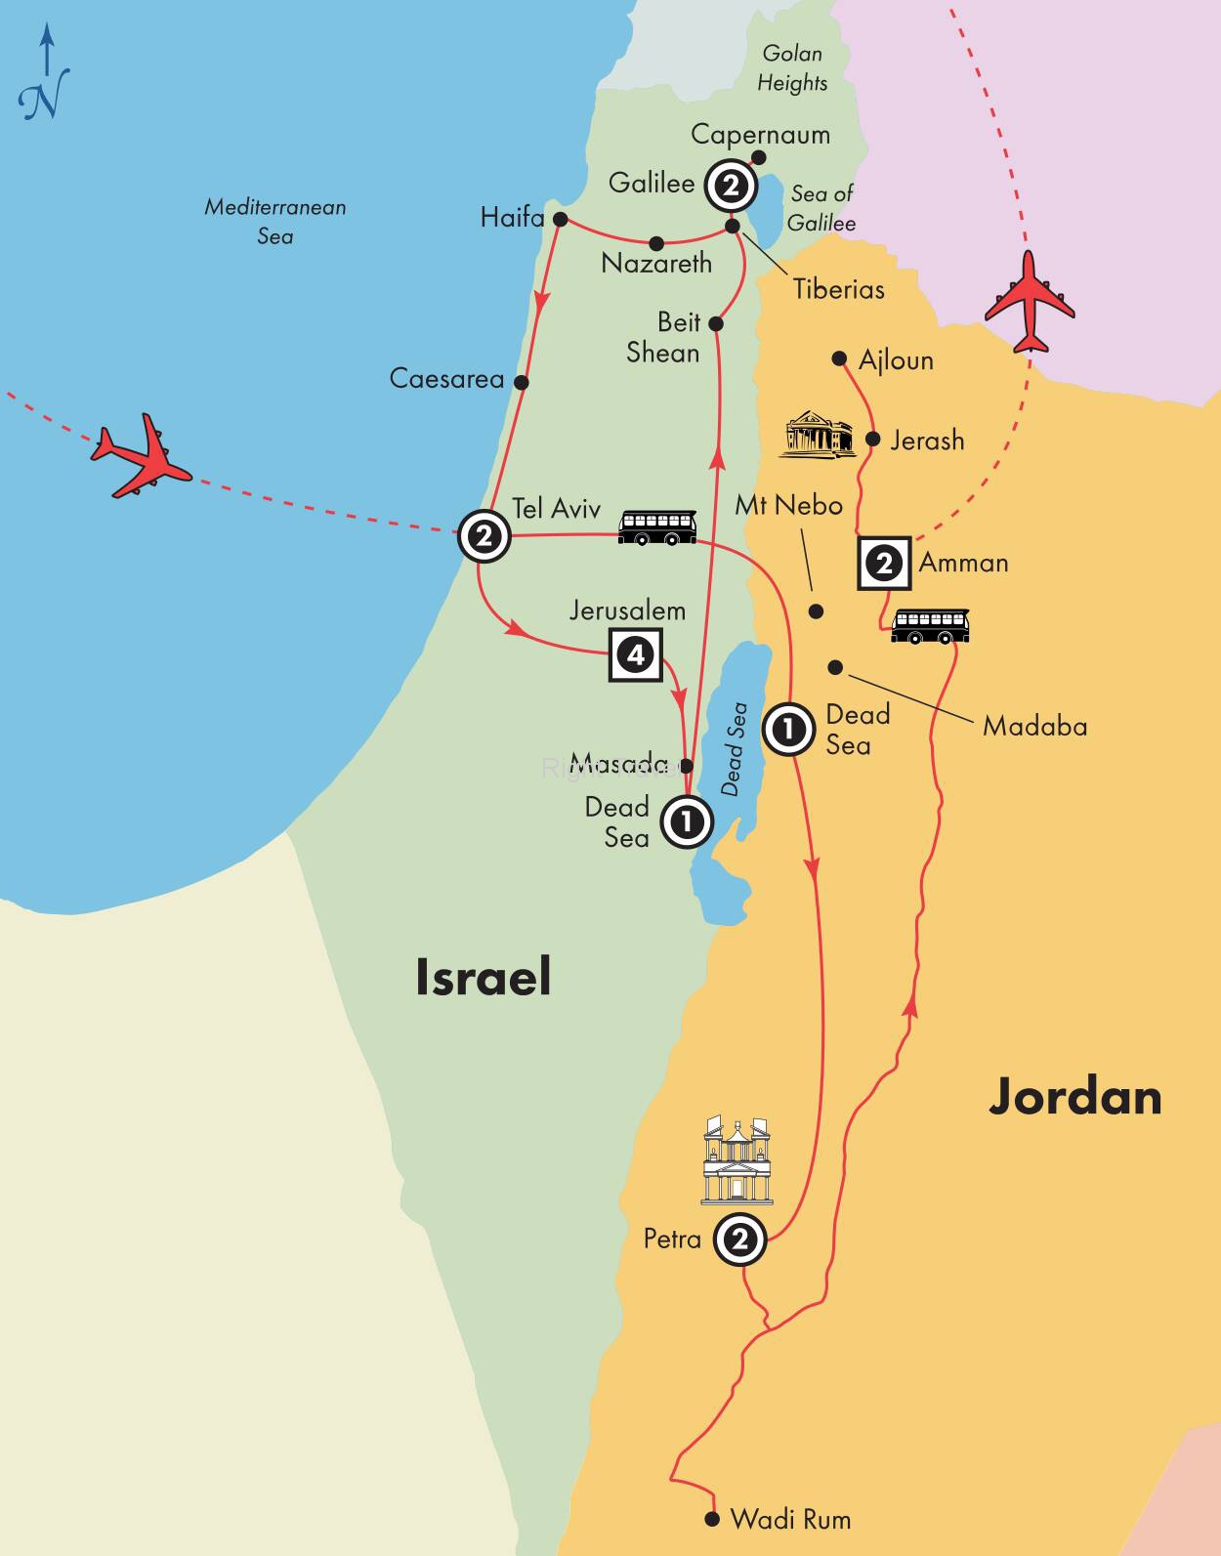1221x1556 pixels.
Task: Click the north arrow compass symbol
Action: [44, 76]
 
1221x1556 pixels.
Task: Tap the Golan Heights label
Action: [792, 67]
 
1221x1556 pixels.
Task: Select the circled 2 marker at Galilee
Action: [732, 185]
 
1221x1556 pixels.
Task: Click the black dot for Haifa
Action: [560, 219]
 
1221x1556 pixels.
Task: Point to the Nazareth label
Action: [656, 264]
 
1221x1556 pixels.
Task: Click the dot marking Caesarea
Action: [522, 383]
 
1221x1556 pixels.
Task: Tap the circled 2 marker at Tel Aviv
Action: [484, 535]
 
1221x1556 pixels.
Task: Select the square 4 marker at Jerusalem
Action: [636, 653]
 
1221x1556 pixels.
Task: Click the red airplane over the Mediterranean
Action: [139, 457]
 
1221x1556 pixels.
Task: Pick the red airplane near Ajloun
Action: [1030, 301]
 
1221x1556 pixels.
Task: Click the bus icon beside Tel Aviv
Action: [657, 527]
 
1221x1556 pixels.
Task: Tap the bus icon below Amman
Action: [931, 625]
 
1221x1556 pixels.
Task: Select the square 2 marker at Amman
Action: [884, 564]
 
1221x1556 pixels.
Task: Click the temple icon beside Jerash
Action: [818, 435]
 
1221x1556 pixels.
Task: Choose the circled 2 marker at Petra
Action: [739, 1240]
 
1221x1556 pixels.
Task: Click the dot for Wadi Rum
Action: [712, 1519]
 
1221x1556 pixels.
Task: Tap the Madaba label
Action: [1034, 727]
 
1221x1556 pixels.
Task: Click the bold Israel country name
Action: [483, 977]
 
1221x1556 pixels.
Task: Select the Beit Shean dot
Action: [715, 323]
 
